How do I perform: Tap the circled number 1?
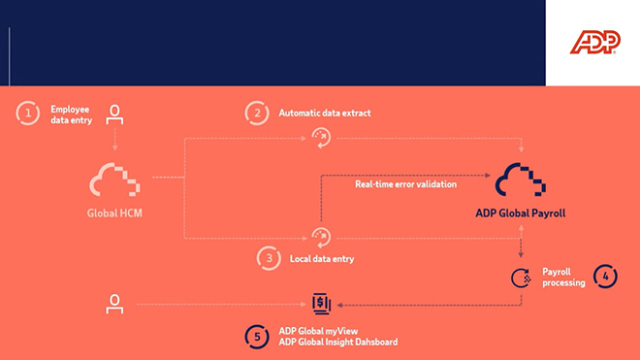(x=28, y=114)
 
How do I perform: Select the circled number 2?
(x=257, y=113)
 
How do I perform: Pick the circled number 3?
(x=269, y=257)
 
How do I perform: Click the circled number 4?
(x=604, y=277)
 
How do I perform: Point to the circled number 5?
(x=257, y=336)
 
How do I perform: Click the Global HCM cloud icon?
(x=115, y=180)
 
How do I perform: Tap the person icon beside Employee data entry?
(x=115, y=113)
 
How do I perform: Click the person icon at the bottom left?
(x=115, y=304)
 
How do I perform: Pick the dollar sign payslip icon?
(x=321, y=304)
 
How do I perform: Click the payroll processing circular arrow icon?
(x=522, y=278)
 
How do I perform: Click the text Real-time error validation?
(x=405, y=183)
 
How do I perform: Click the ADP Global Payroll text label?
(x=521, y=213)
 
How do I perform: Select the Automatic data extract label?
(x=325, y=114)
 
